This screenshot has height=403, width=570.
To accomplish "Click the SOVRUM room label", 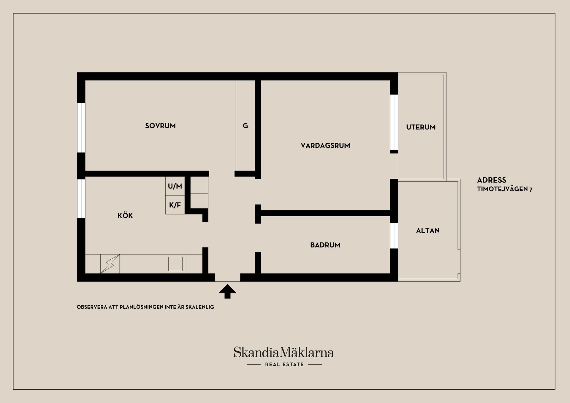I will [x=160, y=126].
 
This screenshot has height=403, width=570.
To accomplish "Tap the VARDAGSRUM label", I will [x=325, y=145].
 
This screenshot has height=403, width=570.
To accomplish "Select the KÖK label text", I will [x=125, y=216].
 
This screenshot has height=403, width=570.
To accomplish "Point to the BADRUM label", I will [x=325, y=245].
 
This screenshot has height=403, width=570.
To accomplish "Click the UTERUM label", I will [x=421, y=127].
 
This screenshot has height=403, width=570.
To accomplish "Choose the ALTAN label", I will [x=427, y=231].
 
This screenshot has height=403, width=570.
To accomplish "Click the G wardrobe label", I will [x=245, y=126].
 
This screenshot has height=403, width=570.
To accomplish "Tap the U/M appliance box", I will [x=175, y=186].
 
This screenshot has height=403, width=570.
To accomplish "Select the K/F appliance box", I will [x=175, y=205].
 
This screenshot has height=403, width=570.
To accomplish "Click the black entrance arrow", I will [x=227, y=291].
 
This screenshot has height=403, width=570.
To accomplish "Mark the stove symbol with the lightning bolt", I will [x=110, y=264].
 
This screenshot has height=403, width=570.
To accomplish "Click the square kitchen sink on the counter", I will [x=175, y=264].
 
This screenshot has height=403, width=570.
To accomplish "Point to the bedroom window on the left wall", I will [x=81, y=128].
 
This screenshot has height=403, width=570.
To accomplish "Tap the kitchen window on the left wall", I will [x=81, y=198].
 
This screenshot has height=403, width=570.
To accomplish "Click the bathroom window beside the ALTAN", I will [x=394, y=236].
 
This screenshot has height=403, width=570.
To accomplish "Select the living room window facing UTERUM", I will [x=394, y=122].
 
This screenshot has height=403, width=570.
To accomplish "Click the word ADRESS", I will [x=492, y=180].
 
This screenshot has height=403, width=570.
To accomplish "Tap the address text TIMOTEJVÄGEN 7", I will [x=505, y=189].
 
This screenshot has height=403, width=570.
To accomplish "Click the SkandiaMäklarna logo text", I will [x=284, y=353].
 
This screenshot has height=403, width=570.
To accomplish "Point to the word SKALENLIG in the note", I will [x=199, y=307].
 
